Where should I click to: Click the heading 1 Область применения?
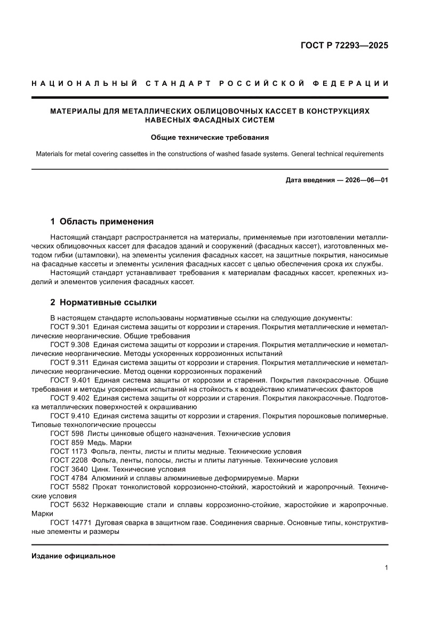[x=102, y=222]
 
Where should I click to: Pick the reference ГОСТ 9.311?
[x=69, y=362]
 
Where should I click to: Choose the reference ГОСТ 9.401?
[x=69, y=380]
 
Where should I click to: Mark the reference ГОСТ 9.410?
[x=69, y=415]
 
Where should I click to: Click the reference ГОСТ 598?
[x=67, y=433]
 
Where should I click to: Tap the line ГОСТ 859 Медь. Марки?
[x=91, y=443]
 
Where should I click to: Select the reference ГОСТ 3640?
[x=69, y=469]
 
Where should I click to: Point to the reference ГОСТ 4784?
[x=69, y=478]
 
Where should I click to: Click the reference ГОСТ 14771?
[x=71, y=523]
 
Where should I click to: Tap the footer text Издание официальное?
[x=74, y=556]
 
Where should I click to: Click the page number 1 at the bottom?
[x=386, y=568]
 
